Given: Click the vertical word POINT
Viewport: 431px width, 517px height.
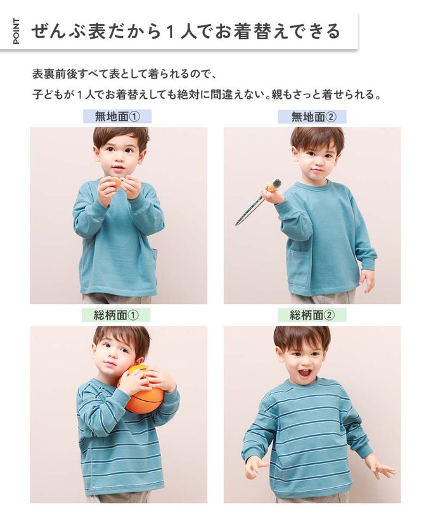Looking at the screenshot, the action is tap(16, 31).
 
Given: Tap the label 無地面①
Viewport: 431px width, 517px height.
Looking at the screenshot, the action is tap(117, 117).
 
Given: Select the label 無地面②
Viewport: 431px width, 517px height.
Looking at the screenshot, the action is tap(312, 117).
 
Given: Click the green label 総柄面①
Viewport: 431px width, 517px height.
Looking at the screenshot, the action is tap(116, 316).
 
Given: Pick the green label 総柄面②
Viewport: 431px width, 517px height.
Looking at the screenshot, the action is tap(312, 316).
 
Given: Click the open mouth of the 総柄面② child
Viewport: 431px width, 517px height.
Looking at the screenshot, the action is tap(305, 374).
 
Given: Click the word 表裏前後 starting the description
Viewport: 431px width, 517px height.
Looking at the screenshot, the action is tap(52, 74).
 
